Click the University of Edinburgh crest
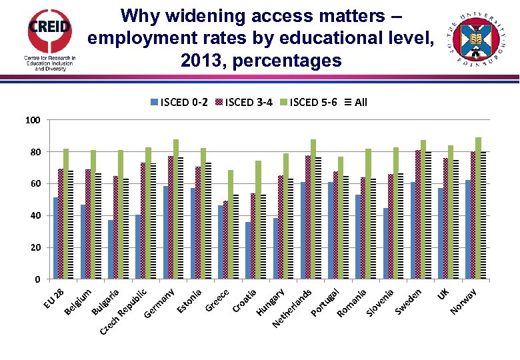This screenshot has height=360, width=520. coord(476,39)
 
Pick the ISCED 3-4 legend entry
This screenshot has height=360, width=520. coord(243,102)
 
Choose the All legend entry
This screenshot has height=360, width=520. coord(356,102)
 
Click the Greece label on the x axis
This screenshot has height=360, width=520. coord(217,301)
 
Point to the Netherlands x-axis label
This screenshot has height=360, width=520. coord(292,309)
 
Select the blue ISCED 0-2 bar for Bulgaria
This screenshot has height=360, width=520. coord(111,249)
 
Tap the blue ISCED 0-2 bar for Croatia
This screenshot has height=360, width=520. coord(247,251)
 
